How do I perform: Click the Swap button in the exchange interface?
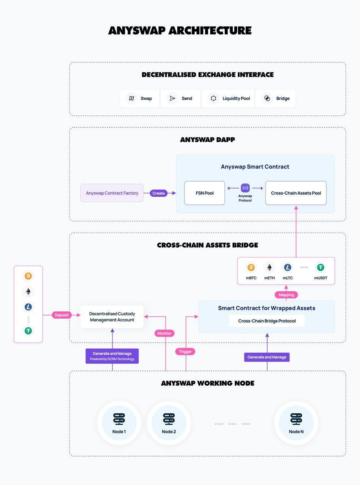click(139, 99)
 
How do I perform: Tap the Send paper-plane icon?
click(172, 99)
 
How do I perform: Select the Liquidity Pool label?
click(236, 99)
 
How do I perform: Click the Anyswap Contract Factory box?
click(112, 193)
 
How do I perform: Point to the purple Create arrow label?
click(158, 193)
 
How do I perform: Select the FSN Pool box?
click(205, 193)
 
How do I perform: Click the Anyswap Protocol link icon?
click(245, 188)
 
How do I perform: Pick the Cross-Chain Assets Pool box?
click(296, 193)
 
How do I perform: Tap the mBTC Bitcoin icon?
click(251, 268)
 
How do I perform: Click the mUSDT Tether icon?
click(321, 268)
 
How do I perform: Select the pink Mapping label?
click(286, 294)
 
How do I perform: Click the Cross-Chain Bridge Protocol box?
click(267, 321)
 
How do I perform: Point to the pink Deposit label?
click(62, 315)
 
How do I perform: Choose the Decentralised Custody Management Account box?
click(112, 317)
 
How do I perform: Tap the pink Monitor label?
click(164, 333)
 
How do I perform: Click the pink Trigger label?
click(185, 352)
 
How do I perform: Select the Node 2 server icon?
click(169, 419)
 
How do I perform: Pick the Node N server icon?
click(296, 419)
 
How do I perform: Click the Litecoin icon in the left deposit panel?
click(28, 307)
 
